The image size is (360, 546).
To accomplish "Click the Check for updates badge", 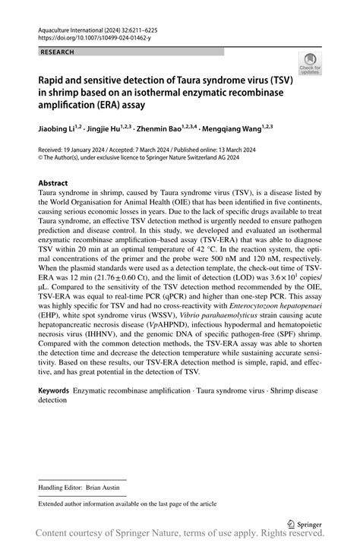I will (309, 64).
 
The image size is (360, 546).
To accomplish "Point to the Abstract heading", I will (53, 184).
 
